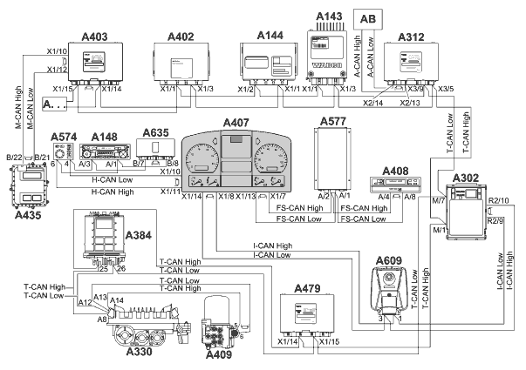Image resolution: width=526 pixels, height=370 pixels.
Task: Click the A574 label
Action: pyautogui.click(x=65, y=137)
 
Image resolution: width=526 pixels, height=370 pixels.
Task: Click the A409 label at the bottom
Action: pyautogui.click(x=219, y=354)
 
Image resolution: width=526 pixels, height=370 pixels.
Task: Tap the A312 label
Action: pyautogui.click(x=412, y=37)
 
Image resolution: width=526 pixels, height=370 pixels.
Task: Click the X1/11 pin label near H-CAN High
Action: pyautogui.click(x=170, y=191)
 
